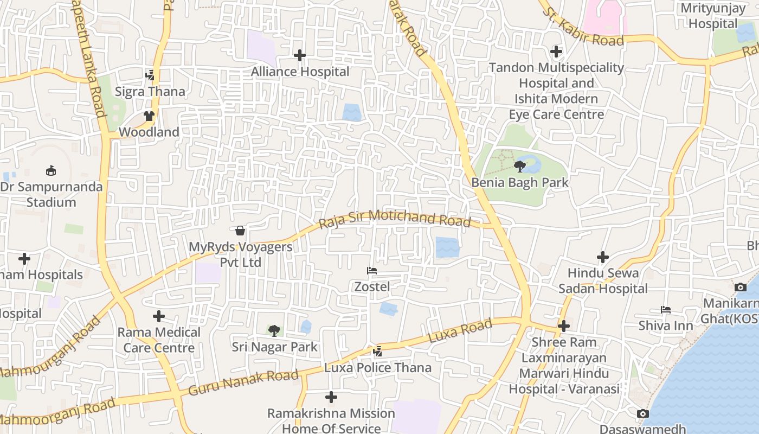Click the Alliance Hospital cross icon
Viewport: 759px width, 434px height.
(300, 55)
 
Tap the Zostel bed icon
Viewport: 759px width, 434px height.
(372, 271)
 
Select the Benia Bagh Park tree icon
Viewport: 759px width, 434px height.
(520, 167)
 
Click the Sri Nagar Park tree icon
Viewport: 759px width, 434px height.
(274, 330)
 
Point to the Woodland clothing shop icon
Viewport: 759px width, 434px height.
(149, 116)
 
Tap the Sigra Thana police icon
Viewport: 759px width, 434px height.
(150, 75)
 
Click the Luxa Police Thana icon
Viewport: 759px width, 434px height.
(378, 352)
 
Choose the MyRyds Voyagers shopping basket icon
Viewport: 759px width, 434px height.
(240, 231)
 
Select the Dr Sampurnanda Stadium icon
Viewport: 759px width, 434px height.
(51, 171)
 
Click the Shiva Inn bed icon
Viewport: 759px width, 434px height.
(666, 310)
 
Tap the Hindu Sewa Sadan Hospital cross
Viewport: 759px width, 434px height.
(602, 257)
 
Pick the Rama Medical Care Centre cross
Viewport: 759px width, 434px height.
(159, 316)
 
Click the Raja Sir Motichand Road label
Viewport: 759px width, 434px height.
(395, 218)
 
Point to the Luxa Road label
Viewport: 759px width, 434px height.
(460, 330)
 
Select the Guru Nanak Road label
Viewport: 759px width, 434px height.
(243, 382)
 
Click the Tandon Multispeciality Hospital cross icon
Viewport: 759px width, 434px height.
(556, 52)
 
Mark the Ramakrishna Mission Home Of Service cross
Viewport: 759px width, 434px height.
(331, 398)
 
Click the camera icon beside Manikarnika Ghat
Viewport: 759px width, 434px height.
(740, 287)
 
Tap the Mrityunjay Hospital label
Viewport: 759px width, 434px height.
(712, 16)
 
